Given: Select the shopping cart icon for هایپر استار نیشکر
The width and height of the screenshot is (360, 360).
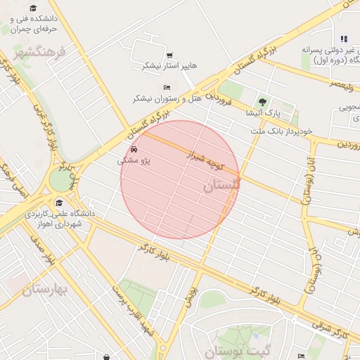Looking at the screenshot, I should pos(169,55).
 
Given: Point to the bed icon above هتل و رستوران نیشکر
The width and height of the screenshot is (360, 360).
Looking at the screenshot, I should pos(167,87).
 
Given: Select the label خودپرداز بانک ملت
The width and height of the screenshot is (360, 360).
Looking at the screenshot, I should pos(282,131).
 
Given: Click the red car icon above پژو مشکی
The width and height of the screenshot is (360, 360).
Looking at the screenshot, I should pos(134,150).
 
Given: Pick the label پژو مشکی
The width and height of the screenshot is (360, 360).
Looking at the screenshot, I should pos(134,161).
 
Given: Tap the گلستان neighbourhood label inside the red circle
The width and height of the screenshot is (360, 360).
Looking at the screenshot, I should pos(222,186).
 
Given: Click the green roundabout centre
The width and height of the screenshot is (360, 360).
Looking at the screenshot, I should pos(61,181).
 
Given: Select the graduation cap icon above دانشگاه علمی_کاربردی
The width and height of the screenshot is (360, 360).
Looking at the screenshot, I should pos(58,202).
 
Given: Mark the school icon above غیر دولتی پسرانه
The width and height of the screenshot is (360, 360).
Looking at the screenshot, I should pos(344,39).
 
